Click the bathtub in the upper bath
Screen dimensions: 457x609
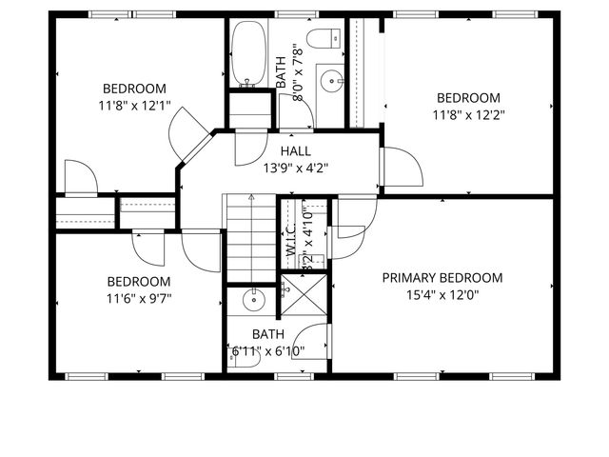click(x=250, y=53)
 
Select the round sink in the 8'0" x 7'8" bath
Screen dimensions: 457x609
click(x=332, y=80)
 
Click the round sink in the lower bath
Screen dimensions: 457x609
click(x=253, y=301)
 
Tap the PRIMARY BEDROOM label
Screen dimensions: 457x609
click(x=442, y=278)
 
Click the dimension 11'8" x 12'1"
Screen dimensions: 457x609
click(x=134, y=105)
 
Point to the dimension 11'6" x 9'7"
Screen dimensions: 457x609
click(x=139, y=298)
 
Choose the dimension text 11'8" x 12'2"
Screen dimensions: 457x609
click(x=468, y=114)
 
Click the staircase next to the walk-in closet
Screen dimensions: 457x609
click(x=250, y=238)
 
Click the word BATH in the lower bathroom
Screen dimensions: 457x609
click(x=268, y=334)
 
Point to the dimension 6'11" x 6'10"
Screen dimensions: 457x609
click(x=268, y=350)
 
